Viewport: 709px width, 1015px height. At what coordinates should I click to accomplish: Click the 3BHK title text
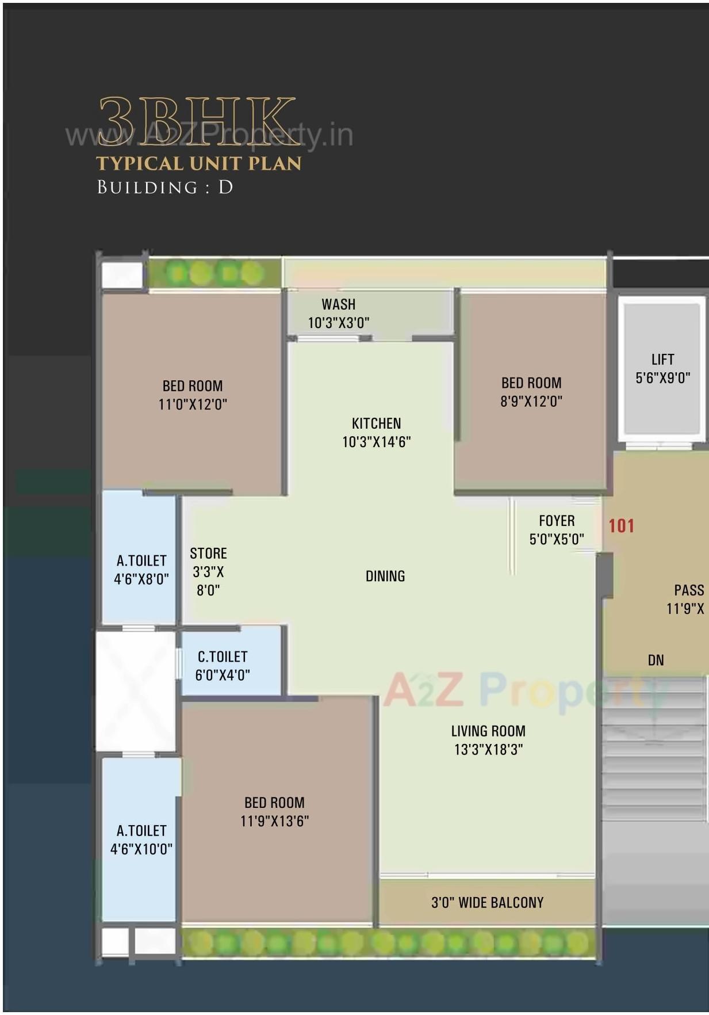click(x=197, y=121)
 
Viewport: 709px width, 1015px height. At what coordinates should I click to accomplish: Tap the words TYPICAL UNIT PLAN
click(x=199, y=163)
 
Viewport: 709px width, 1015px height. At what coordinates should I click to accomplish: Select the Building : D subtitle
click(x=165, y=188)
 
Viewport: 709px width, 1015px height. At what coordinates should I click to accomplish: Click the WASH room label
click(x=338, y=304)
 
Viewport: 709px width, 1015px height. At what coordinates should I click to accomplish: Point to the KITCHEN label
click(x=376, y=423)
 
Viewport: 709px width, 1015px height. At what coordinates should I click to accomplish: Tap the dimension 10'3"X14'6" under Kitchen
click(x=376, y=442)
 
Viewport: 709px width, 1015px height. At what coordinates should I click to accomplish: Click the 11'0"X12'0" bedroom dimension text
click(x=193, y=405)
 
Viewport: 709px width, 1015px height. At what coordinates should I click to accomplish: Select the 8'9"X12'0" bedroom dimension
click(x=531, y=402)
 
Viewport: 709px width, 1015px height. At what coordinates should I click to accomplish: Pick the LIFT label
click(x=662, y=360)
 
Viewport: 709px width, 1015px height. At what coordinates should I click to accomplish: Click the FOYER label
click(x=557, y=521)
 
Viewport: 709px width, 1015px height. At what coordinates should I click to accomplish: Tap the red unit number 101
click(x=621, y=526)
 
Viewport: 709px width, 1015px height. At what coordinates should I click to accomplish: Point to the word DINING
click(x=385, y=576)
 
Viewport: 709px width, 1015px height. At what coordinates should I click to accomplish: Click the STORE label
click(x=208, y=554)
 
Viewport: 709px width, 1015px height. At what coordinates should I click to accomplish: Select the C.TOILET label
click(x=223, y=657)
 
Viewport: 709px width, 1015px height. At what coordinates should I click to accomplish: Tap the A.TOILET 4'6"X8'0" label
click(x=141, y=570)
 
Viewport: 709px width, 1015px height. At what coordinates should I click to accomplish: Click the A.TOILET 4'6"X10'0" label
click(x=141, y=840)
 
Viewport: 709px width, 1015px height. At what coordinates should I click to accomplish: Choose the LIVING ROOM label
click(x=488, y=731)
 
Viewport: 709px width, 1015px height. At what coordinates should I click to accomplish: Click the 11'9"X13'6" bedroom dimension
click(x=274, y=821)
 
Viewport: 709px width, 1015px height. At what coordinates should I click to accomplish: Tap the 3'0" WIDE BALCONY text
click(x=487, y=902)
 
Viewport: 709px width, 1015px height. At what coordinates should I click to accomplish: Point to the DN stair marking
click(x=656, y=661)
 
